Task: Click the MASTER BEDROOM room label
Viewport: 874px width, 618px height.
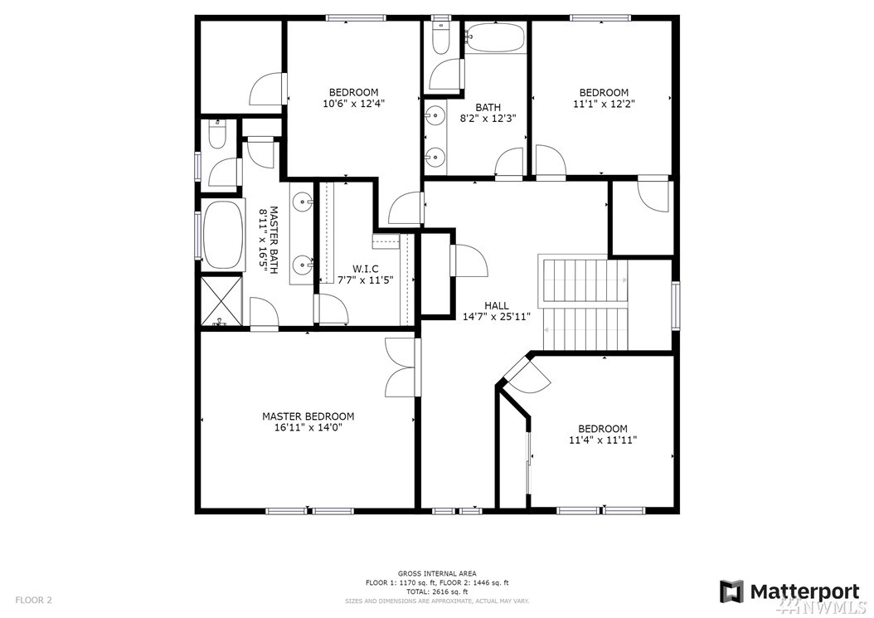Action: click(x=308, y=416)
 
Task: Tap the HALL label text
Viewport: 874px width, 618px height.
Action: click(x=496, y=305)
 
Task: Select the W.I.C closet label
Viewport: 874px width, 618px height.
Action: click(x=365, y=270)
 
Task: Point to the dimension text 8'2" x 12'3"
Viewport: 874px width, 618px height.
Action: click(x=488, y=119)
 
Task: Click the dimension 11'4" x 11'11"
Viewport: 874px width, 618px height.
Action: click(x=603, y=440)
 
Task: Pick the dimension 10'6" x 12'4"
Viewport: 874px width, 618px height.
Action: click(x=353, y=103)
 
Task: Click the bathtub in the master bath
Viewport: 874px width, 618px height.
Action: click(x=223, y=234)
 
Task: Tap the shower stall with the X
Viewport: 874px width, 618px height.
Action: click(x=222, y=299)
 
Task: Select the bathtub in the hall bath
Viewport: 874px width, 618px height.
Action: click(x=495, y=37)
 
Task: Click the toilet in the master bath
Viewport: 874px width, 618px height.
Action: click(x=216, y=134)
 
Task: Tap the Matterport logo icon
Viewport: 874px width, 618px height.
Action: click(x=731, y=591)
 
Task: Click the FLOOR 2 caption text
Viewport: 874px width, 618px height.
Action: click(x=33, y=600)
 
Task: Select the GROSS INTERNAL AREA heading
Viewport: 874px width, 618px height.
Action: click(x=437, y=573)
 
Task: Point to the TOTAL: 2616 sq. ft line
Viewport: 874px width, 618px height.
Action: click(x=437, y=591)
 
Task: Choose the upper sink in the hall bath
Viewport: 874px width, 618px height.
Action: click(x=434, y=116)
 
